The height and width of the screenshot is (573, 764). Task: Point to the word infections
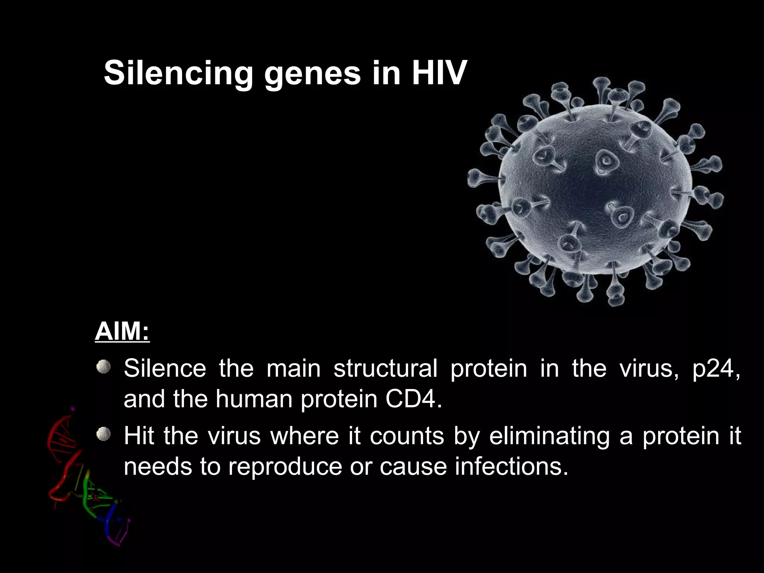tap(511, 466)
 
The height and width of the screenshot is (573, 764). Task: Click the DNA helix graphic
tap(86, 481)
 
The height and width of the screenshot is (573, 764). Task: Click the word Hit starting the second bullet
tap(138, 436)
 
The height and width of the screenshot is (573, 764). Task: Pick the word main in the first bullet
tap(294, 369)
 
